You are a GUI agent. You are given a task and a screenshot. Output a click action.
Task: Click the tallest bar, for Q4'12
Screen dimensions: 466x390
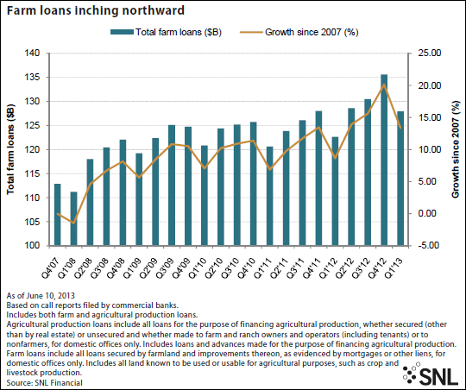384,160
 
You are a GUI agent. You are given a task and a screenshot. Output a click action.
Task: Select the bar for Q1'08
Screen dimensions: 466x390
73,218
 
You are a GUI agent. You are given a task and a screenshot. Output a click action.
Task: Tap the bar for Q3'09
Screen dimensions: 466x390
172,186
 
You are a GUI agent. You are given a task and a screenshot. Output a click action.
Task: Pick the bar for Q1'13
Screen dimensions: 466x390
400,179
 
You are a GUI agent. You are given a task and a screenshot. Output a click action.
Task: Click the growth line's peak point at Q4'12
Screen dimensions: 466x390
384,85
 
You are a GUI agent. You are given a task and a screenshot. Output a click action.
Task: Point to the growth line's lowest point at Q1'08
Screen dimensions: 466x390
73,223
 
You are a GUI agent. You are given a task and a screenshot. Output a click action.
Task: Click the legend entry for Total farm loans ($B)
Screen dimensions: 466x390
166,32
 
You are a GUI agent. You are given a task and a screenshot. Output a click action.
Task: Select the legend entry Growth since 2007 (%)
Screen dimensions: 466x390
299,32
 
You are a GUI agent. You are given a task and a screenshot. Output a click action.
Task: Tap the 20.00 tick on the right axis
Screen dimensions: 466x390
430,85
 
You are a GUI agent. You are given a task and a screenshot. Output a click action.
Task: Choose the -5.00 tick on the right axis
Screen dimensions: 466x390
429,246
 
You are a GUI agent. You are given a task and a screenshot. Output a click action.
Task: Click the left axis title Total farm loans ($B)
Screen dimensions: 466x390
10,149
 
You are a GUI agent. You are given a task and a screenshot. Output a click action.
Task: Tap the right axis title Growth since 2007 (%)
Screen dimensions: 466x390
456,149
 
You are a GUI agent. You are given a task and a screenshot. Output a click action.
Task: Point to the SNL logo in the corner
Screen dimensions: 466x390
430,374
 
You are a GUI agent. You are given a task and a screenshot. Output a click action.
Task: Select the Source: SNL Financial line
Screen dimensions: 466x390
45,383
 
